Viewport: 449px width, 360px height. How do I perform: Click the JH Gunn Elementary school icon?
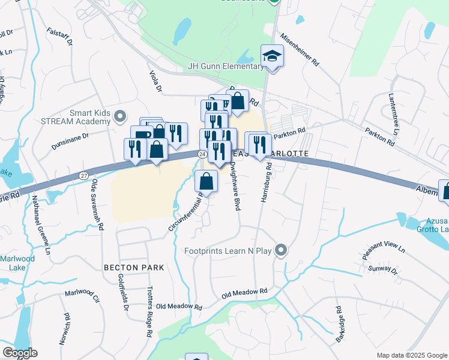pyautogui.click(x=273, y=57)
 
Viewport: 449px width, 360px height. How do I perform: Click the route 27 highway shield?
pyautogui.click(x=84, y=175)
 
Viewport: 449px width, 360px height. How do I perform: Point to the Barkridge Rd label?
pyautogui.click(x=339, y=321)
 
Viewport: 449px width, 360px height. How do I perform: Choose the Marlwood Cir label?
pyautogui.click(x=82, y=295)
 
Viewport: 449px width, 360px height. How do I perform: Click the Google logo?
pyautogui.click(x=20, y=353)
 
